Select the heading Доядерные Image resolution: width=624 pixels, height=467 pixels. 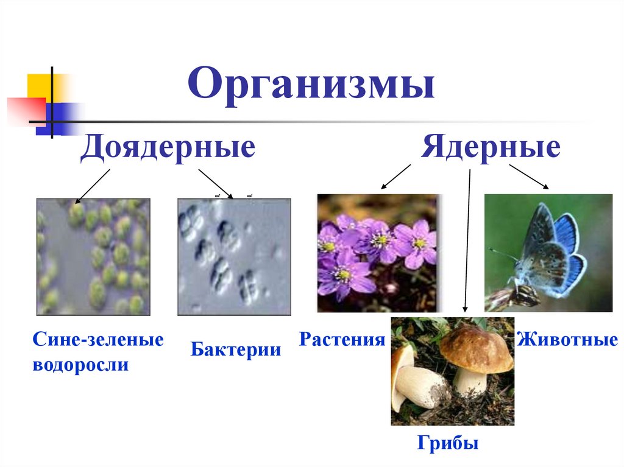click(x=168, y=148)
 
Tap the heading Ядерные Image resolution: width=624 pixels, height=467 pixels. click(x=491, y=148)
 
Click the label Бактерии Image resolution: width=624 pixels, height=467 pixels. click(x=236, y=350)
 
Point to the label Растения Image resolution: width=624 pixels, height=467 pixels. click(x=342, y=339)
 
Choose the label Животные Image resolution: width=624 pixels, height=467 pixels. click(x=567, y=339)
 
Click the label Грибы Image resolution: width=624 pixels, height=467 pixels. click(x=448, y=443)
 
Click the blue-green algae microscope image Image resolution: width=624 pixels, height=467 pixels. click(x=93, y=256)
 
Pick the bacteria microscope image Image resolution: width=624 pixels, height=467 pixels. click(x=234, y=256)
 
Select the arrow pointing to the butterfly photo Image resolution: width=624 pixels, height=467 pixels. click(x=530, y=176)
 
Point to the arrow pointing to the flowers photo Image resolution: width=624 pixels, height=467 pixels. click(x=395, y=177)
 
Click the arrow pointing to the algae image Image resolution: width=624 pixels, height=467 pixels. click(x=92, y=186)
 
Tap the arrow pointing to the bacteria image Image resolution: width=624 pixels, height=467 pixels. click(x=216, y=183)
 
